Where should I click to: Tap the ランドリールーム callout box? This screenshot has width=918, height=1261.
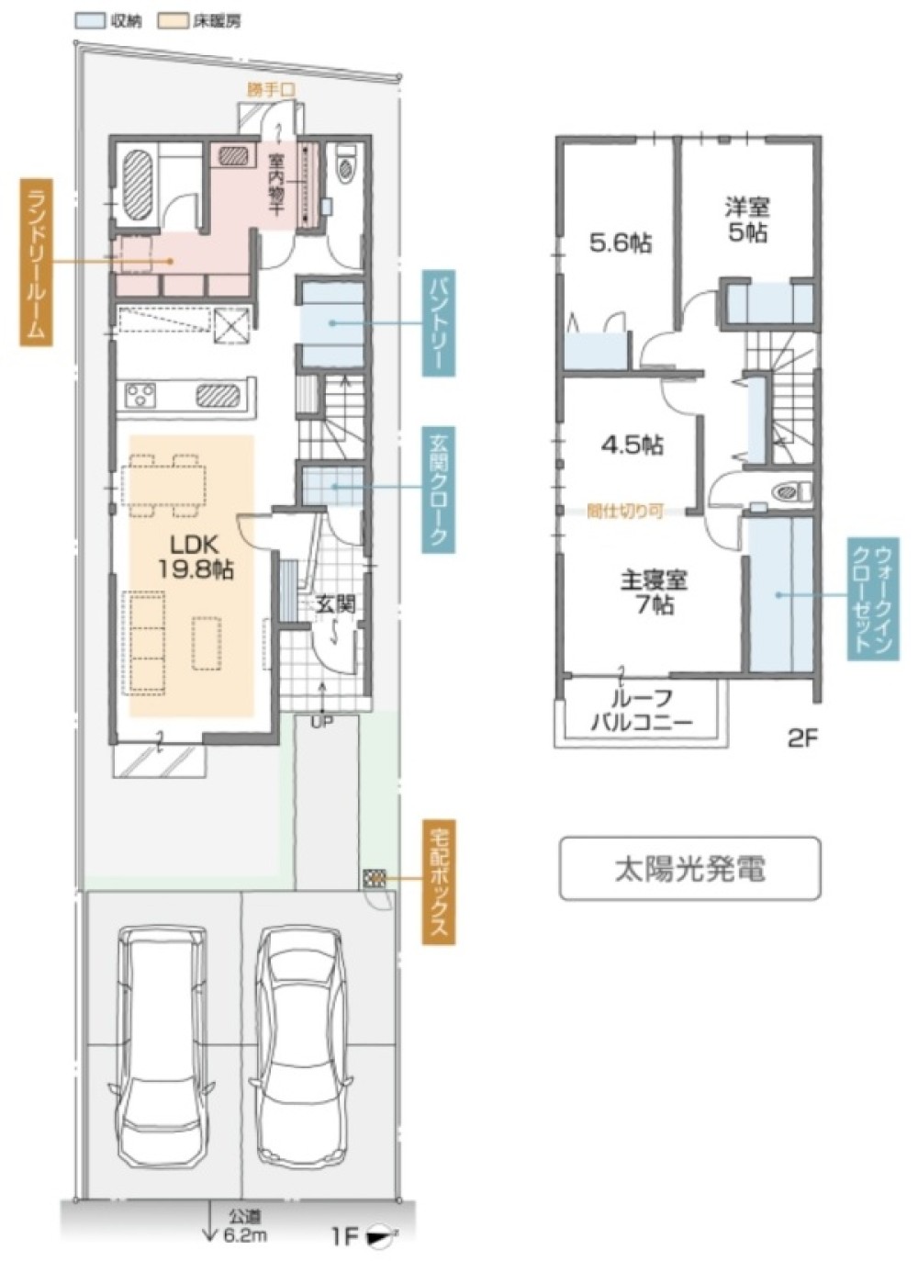coord(35,262)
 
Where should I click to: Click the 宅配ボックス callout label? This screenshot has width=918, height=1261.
coord(439,882)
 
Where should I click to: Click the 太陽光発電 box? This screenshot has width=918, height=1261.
coord(689,868)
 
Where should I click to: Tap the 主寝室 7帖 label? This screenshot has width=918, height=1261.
coord(654,592)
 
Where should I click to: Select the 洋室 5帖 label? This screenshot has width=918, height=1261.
coord(746,220)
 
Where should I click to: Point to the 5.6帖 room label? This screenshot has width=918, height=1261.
coord(621,243)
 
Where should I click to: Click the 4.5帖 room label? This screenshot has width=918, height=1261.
coord(632,445)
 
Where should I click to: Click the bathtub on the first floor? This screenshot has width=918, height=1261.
coord(138,183)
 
